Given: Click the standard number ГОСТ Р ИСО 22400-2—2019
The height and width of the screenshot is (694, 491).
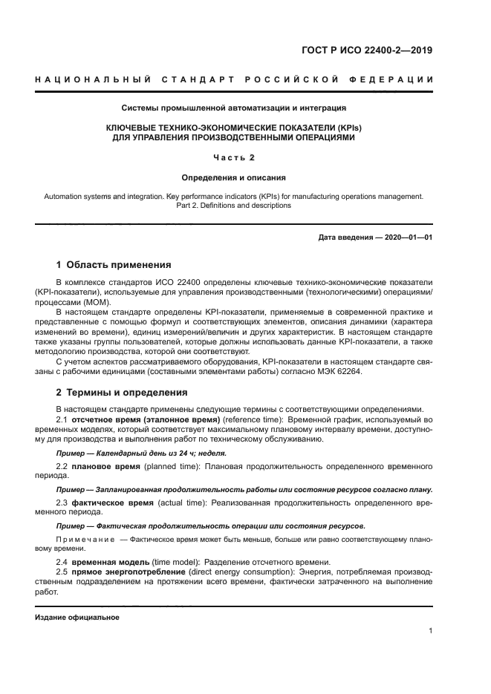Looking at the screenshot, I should [378, 50].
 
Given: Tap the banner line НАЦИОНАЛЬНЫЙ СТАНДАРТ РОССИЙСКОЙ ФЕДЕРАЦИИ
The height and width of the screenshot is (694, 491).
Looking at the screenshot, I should [234, 79].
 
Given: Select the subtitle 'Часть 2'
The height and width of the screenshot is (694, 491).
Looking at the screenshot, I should [234, 157].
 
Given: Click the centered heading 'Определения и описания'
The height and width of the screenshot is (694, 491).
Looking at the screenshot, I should [234, 177].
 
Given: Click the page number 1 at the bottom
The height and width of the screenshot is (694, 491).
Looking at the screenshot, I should [430, 631].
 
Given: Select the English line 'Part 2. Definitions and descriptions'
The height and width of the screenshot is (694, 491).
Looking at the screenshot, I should [234, 205].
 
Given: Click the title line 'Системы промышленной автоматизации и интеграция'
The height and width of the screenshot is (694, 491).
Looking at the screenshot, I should [234, 108].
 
